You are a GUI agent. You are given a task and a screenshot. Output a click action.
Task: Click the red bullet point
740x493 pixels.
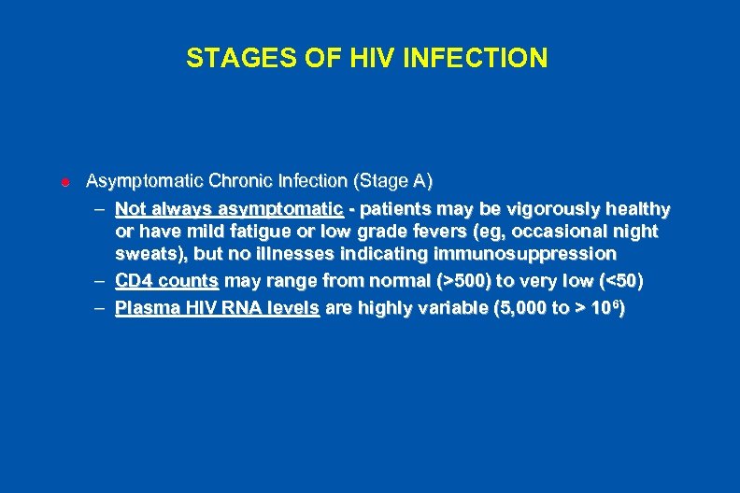[x=65, y=180]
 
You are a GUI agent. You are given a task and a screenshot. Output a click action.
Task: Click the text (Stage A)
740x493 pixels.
[x=391, y=179]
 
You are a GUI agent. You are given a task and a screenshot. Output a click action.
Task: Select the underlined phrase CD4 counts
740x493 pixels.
[x=166, y=280]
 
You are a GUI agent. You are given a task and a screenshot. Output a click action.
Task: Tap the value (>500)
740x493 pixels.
[x=458, y=280]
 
